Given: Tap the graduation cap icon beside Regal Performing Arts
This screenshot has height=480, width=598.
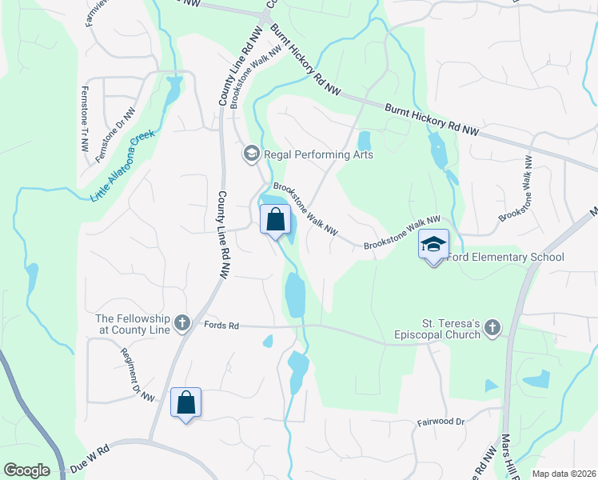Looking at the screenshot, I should pyautogui.click(x=251, y=153).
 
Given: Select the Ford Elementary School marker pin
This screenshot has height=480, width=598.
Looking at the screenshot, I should pyautogui.click(x=434, y=246).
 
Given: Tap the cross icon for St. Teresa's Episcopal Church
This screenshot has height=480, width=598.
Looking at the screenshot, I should pyautogui.click(x=492, y=327).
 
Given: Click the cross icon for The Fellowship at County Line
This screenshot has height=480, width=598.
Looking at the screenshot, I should pyautogui.click(x=182, y=323).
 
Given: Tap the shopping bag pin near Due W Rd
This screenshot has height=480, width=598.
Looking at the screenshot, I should pyautogui.click(x=186, y=404).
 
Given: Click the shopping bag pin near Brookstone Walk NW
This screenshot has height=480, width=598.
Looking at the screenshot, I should pyautogui.click(x=275, y=219).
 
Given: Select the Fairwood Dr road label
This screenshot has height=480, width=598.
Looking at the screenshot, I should pyautogui.click(x=440, y=421).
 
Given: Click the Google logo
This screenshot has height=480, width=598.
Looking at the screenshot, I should pyautogui.click(x=26, y=470).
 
